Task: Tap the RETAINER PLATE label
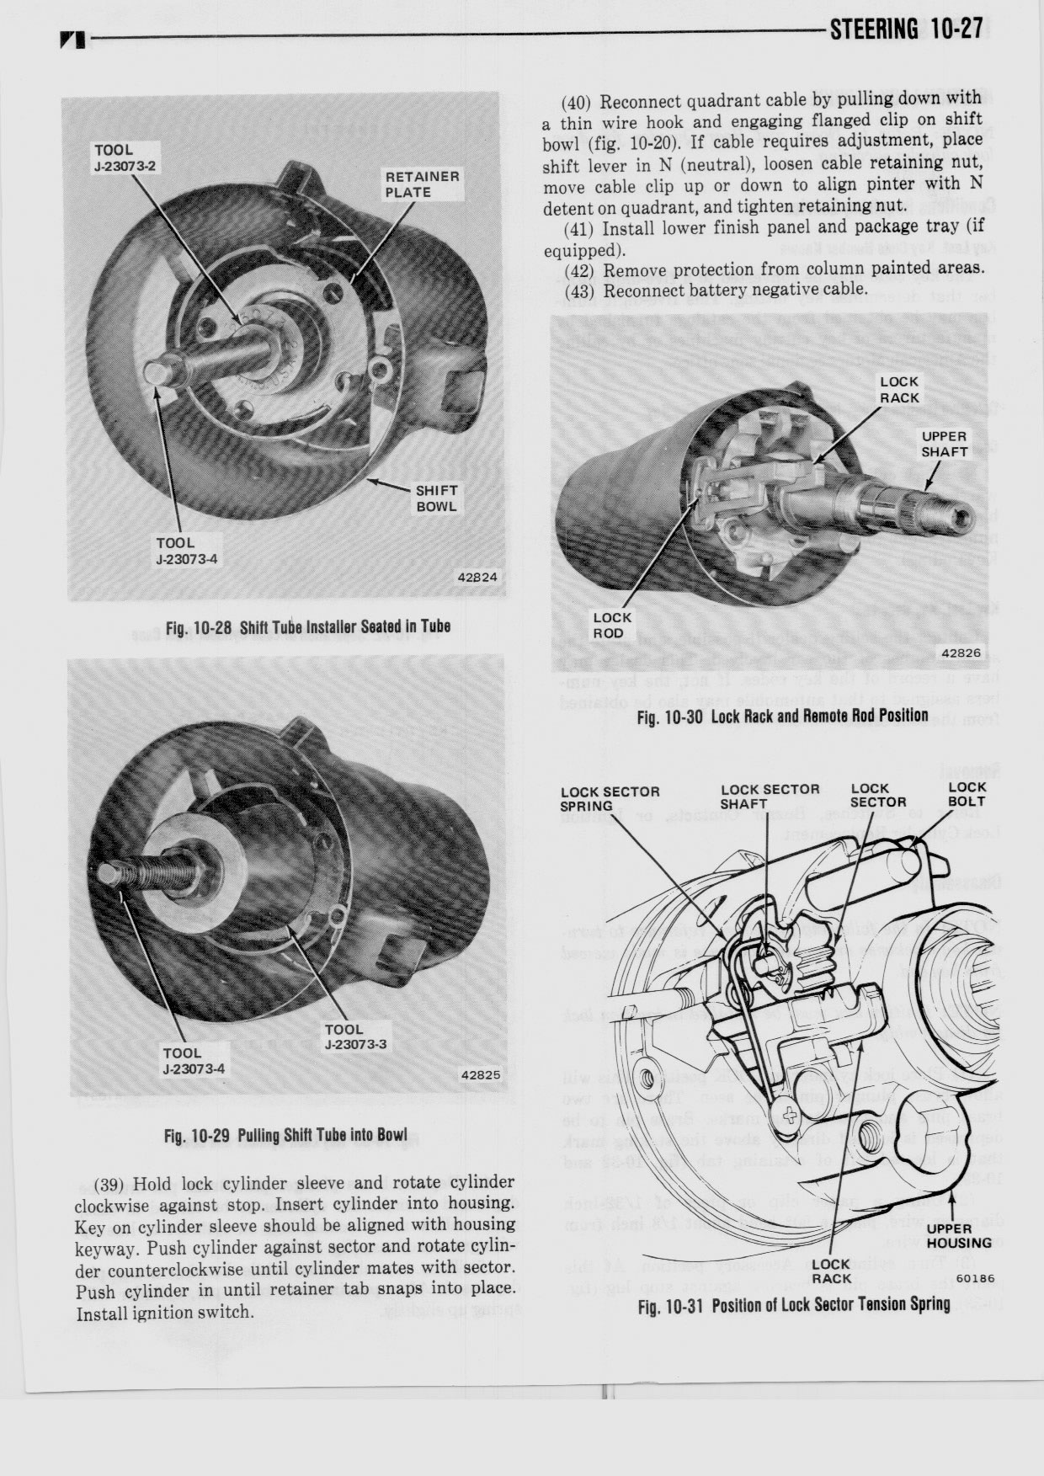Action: coord(422,184)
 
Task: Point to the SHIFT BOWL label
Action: coord(436,498)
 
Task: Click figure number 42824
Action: coord(477,578)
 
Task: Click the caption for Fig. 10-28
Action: coord(308,626)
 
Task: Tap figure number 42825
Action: coord(480,1075)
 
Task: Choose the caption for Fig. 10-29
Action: coord(285,1134)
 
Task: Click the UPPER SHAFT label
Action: coord(944,444)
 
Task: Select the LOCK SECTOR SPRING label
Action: coord(610,798)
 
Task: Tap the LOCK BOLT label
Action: coord(966,794)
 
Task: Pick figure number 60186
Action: coord(976,1278)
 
